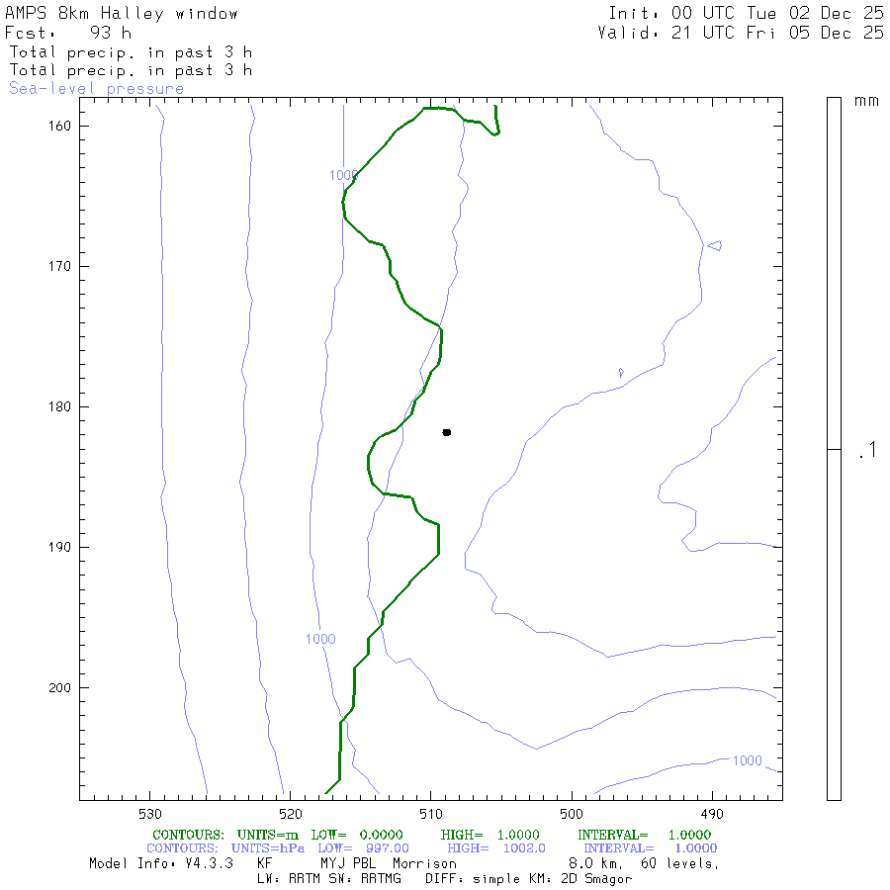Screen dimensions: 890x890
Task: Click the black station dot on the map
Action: [x=447, y=432]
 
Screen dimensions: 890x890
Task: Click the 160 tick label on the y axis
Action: [x=65, y=126]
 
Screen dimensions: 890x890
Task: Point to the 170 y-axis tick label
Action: [x=65, y=266]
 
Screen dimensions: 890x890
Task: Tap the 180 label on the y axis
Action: [x=65, y=406]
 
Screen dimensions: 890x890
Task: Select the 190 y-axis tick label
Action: [x=65, y=547]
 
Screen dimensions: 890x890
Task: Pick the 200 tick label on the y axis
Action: [x=65, y=687]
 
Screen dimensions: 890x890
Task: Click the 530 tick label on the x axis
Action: [x=149, y=814]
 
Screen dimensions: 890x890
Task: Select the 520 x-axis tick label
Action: [x=290, y=814]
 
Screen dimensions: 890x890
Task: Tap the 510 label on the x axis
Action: [x=431, y=814]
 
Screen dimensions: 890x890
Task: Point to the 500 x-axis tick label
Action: [x=572, y=814]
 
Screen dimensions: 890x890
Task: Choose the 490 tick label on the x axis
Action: [x=712, y=814]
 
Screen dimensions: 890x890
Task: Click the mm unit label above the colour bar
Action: [x=866, y=101]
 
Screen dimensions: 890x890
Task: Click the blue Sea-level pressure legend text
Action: [x=96, y=89]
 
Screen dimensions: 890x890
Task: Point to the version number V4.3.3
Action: [x=210, y=863]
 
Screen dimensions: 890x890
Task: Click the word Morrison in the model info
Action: [x=425, y=863]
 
